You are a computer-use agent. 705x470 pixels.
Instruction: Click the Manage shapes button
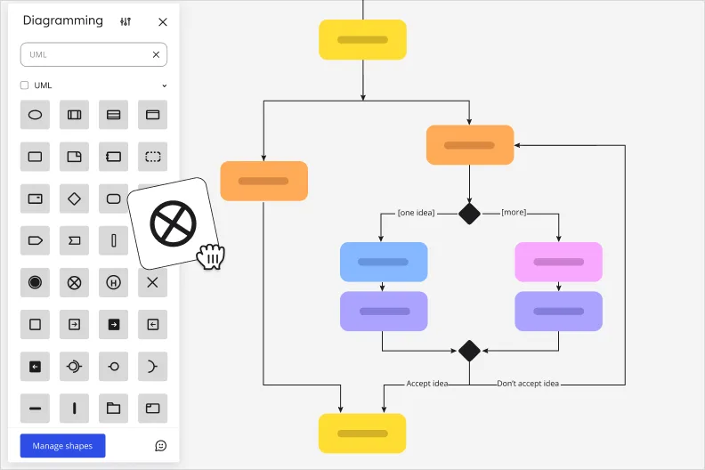pyautogui.click(x=62, y=446)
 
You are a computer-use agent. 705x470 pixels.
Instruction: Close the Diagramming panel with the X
pyautogui.click(x=162, y=22)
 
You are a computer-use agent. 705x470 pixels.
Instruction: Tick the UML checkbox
pyautogui.click(x=25, y=85)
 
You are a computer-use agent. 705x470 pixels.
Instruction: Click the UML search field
pyautogui.click(x=85, y=54)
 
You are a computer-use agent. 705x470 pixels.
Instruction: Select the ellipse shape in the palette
pyautogui.click(x=35, y=115)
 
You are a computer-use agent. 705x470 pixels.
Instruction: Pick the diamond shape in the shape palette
pyautogui.click(x=74, y=199)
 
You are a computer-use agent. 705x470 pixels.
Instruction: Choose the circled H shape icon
pyautogui.click(x=113, y=282)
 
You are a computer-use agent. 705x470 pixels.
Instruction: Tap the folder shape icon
pyautogui.click(x=113, y=409)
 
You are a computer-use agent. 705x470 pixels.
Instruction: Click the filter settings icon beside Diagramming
pyautogui.click(x=126, y=22)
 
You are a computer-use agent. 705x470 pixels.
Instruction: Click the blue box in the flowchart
pyautogui.click(x=384, y=262)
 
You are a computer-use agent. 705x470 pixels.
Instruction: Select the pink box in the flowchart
pyautogui.click(x=558, y=262)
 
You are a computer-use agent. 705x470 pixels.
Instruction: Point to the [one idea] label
pyautogui.click(x=417, y=213)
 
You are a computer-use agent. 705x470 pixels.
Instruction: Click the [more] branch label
pyautogui.click(x=514, y=213)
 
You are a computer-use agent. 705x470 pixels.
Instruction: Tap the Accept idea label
pyautogui.click(x=427, y=384)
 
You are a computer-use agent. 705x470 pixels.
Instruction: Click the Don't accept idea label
pyautogui.click(x=528, y=384)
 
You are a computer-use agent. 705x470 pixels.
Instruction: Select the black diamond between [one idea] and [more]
pyautogui.click(x=469, y=214)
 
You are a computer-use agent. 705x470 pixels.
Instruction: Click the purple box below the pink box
pyautogui.click(x=558, y=312)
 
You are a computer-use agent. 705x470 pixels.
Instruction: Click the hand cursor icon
pyautogui.click(x=211, y=256)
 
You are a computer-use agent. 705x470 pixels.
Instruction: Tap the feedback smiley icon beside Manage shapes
pyautogui.click(x=161, y=446)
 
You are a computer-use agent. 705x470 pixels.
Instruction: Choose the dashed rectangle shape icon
pyautogui.click(x=152, y=157)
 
